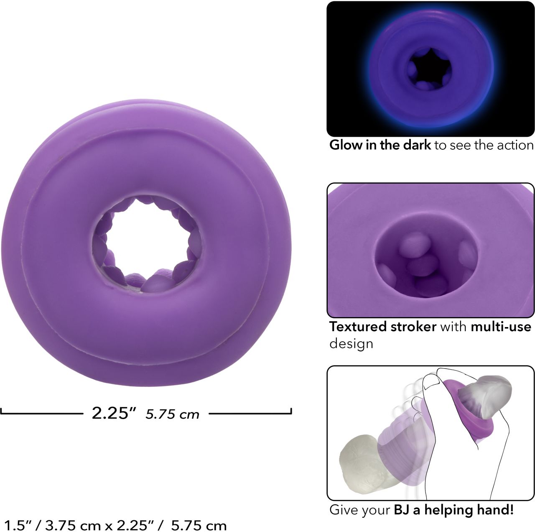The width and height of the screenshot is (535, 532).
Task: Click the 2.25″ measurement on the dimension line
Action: [x=114, y=413]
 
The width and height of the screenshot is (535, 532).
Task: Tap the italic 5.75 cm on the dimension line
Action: [x=172, y=414]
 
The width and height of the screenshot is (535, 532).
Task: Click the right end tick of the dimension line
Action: [x=290, y=411]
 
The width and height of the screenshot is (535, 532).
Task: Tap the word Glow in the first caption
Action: [x=346, y=145]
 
